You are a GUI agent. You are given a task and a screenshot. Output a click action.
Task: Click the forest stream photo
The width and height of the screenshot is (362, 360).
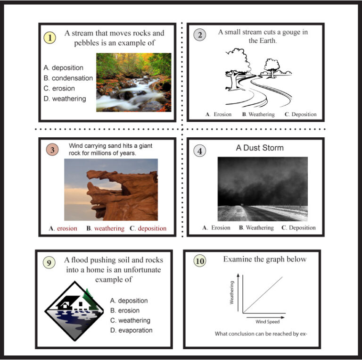click(133, 82)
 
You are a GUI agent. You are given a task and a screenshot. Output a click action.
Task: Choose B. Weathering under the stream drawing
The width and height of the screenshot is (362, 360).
click(258, 114)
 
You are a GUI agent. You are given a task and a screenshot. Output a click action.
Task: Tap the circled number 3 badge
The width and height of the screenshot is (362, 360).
click(52, 150)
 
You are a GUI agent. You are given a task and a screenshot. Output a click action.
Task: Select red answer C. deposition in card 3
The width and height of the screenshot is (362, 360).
click(148, 228)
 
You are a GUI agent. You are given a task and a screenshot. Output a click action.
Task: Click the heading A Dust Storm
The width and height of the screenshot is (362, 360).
click(260, 148)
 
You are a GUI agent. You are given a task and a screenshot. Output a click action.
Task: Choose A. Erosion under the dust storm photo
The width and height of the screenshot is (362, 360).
click(216, 228)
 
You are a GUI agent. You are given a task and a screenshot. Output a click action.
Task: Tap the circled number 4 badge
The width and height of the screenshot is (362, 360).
click(200, 151)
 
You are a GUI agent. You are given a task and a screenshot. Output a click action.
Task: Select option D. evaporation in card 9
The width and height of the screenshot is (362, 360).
click(131, 330)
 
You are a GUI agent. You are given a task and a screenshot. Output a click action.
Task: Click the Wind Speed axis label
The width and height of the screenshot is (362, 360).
click(267, 322)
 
